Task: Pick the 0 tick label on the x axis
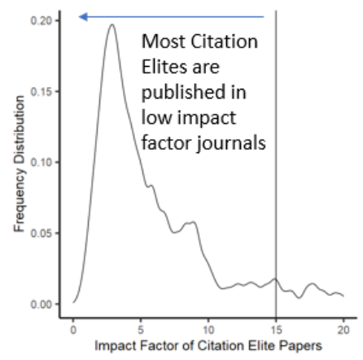[x=73, y=328]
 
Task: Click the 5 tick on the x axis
[x=141, y=328]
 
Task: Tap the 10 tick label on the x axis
[x=208, y=328]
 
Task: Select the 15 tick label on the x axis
[x=276, y=328]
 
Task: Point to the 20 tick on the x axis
[x=343, y=328]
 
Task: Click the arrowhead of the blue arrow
[x=81, y=16]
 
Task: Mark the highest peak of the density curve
[x=112, y=24]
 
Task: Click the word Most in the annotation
[x=163, y=42]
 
